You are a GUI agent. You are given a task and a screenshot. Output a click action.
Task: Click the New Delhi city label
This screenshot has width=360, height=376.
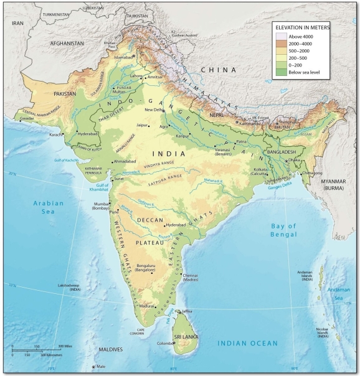coord(153,110)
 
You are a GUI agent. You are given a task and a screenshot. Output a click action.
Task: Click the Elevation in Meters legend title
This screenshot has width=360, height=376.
coord(305,29)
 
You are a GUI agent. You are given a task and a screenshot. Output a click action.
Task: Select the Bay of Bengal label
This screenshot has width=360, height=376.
coord(288,230)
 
